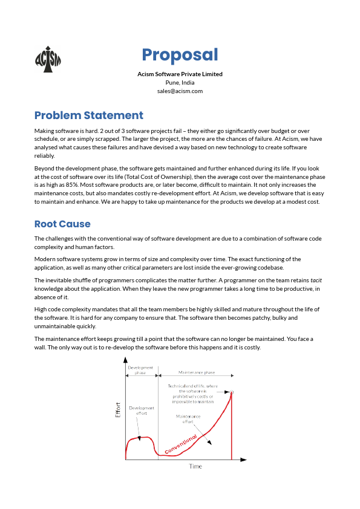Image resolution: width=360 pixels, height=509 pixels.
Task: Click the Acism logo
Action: pos(48,59)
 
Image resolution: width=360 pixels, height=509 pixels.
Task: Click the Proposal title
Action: pos(180,55)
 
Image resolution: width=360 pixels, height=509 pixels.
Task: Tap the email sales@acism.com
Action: pos(180,91)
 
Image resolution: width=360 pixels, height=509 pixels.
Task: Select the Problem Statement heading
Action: pos(89,115)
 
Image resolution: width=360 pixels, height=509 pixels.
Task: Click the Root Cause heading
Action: pos(62,224)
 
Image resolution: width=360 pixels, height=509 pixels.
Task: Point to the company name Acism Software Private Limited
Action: pos(180,74)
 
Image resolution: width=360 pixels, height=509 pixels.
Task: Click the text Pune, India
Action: pos(180,83)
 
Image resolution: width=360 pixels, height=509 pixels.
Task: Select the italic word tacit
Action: pos(315,280)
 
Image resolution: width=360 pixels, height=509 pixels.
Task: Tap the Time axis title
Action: pos(195,467)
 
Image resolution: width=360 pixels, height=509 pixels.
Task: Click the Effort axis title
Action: pos(118,410)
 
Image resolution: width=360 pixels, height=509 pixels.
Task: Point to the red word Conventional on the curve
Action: pos(181,444)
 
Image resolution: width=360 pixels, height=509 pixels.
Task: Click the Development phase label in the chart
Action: pos(140,370)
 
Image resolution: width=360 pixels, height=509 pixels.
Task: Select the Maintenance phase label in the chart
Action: pos(197,373)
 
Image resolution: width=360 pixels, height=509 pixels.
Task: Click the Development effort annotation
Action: pos(142,410)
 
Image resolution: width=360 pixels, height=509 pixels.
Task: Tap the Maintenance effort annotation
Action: pos(188,419)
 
